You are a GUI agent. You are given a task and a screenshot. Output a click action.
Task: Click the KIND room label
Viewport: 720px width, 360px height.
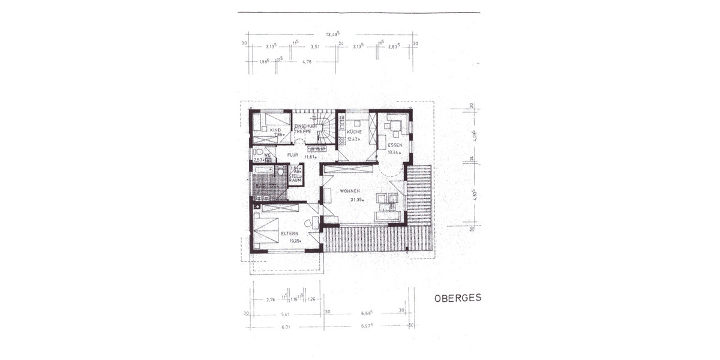pos(275,130)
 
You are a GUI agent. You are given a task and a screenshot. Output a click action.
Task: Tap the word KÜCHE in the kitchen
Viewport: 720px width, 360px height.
pos(353,130)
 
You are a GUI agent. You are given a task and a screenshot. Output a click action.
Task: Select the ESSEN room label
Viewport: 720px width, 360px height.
pos(394,145)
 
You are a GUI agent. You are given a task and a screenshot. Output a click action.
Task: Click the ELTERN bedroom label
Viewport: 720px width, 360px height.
pos(290,234)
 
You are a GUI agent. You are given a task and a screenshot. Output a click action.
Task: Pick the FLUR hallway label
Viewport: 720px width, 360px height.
pos(292,155)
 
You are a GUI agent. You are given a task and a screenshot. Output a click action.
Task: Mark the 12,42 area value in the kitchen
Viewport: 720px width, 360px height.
pos(353,139)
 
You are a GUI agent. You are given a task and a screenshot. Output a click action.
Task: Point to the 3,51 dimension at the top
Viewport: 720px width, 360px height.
pos(314,46)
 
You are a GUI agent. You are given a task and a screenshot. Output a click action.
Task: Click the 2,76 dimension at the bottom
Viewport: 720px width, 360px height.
pos(270,299)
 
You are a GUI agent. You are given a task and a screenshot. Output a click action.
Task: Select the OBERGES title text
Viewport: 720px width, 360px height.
pos(457,297)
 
